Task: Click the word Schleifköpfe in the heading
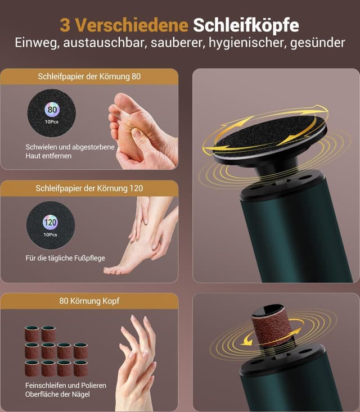[246, 25]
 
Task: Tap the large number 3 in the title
[65, 25]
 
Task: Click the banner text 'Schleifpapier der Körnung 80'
[89, 76]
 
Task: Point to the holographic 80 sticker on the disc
[52, 109]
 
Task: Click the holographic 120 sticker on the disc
[50, 222]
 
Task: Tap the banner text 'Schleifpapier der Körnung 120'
[89, 188]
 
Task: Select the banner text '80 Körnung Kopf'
[89, 301]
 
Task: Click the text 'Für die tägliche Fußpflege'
[65, 258]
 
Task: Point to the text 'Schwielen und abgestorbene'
[70, 147]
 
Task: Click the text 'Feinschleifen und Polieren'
[66, 386]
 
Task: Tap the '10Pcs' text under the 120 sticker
[50, 234]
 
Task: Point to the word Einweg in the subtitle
[36, 43]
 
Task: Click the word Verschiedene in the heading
[132, 25]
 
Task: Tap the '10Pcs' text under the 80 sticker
[52, 121]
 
